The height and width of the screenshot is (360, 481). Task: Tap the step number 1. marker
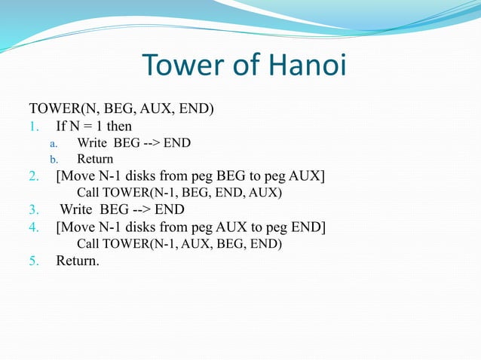pos(34,126)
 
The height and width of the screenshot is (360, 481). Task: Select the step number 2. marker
pos(34,176)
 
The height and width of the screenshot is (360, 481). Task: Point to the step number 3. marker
pos(34,209)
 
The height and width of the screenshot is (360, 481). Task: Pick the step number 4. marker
pos(34,227)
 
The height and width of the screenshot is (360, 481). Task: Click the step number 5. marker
pos(34,261)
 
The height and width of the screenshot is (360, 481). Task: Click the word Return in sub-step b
pos(95,159)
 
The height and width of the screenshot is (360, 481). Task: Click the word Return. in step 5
pos(78,261)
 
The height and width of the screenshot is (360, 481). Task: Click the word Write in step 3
pos(78,209)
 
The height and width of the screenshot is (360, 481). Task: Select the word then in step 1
pos(118,126)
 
